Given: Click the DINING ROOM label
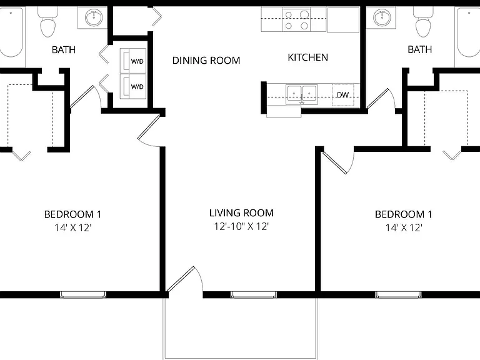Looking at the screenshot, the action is tap(206, 60).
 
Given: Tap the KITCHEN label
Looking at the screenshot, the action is tap(307, 57).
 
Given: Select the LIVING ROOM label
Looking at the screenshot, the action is tap(241, 212).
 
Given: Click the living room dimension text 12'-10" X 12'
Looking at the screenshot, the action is tap(241, 226).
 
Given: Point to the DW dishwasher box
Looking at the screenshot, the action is tap(343, 95).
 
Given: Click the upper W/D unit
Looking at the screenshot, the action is tap(133, 61).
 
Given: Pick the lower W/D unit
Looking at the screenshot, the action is tap(133, 86).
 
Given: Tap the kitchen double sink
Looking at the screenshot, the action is tap(301, 94).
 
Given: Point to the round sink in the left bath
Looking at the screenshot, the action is tap(94, 17).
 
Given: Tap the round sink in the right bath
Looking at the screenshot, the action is tap(382, 17).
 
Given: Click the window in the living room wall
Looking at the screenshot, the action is tap(254, 295).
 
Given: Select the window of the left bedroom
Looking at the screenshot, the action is tap(83, 295).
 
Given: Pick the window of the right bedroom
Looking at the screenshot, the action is tap(398, 295).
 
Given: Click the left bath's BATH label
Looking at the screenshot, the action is tap(64, 49).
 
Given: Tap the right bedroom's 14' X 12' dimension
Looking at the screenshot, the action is tap(404, 227).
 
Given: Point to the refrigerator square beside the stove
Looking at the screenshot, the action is tap(343, 20).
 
